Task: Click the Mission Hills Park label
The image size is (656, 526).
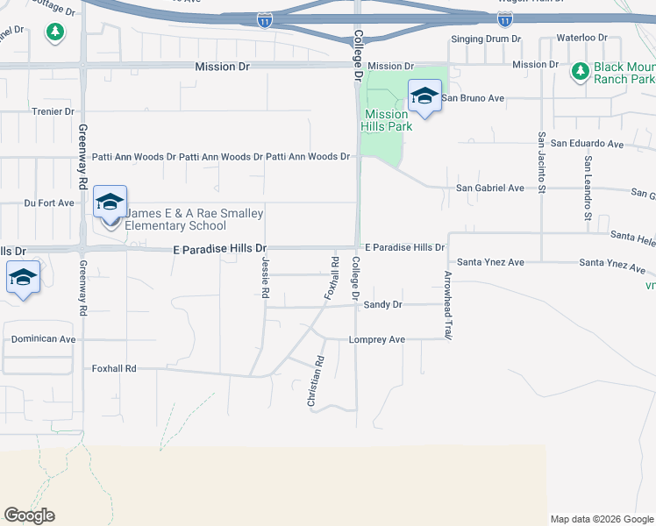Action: click(x=387, y=120)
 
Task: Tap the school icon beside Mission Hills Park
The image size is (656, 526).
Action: click(x=425, y=97)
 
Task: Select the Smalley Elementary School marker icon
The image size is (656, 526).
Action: click(x=111, y=203)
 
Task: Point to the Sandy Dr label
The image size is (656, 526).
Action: click(x=382, y=305)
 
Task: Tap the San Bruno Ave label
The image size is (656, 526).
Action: click(x=472, y=98)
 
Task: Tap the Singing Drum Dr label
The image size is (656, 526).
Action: click(x=486, y=39)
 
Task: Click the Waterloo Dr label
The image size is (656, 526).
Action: click(x=584, y=39)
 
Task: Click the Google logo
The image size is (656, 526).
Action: click(x=29, y=515)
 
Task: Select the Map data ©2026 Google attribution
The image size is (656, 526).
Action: click(x=601, y=519)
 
